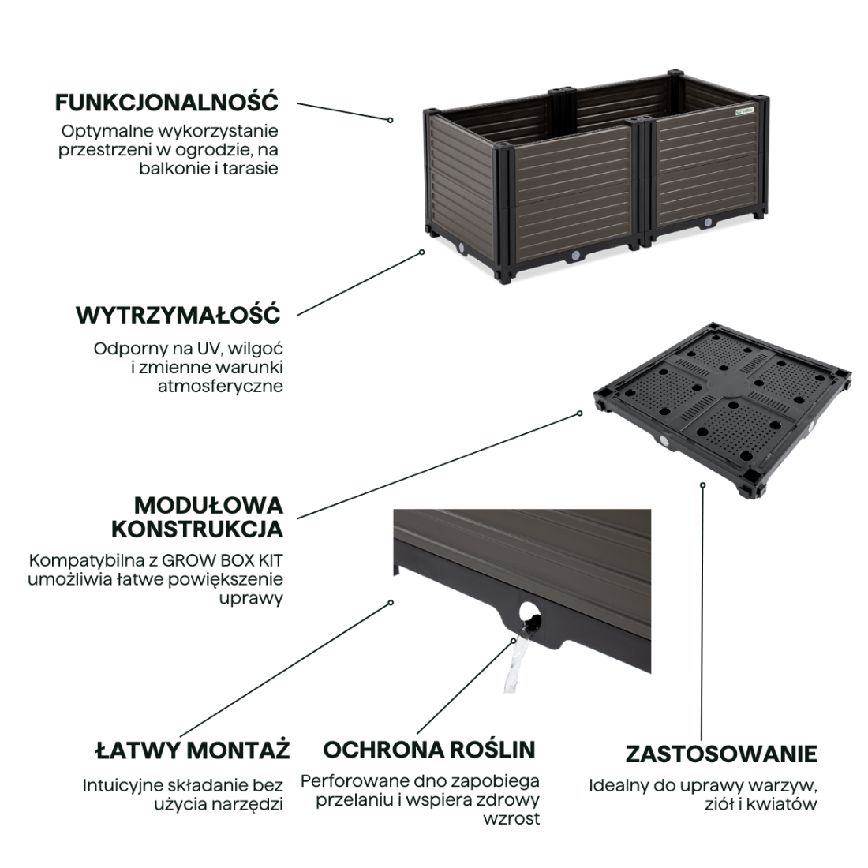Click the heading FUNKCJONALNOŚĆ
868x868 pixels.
(166, 103)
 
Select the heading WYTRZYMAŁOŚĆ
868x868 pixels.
(178, 315)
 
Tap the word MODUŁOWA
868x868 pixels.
(208, 505)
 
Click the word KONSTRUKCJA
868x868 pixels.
(196, 529)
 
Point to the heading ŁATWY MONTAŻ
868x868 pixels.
(193, 750)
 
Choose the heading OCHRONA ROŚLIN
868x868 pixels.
(429, 749)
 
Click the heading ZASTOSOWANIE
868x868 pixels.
(721, 754)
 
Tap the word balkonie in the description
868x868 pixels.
(175, 168)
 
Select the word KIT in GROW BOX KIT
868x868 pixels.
(270, 561)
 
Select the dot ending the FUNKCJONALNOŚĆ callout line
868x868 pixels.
(391, 120)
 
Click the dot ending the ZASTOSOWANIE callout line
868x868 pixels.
(702, 485)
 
